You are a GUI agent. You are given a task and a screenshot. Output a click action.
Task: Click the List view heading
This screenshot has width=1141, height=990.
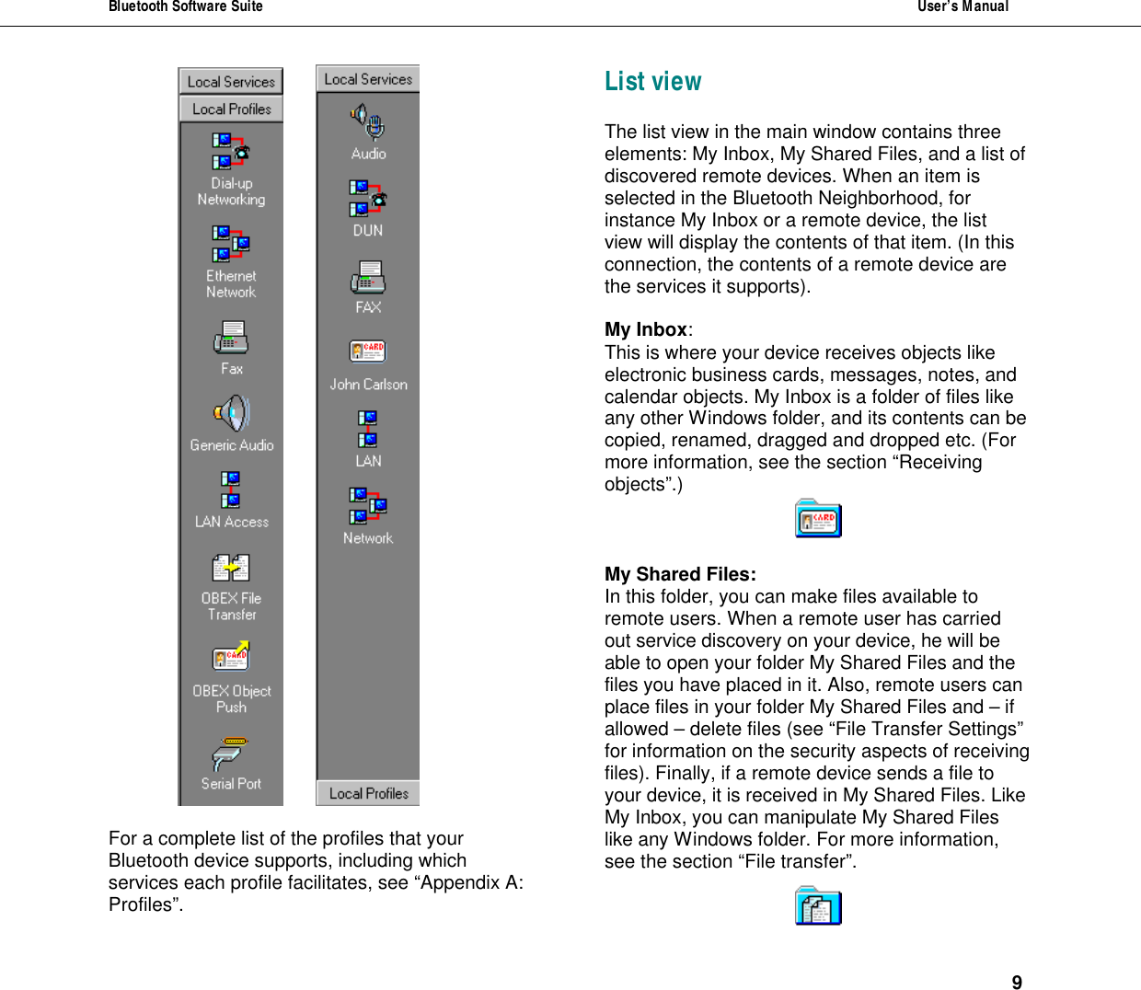[x=652, y=82]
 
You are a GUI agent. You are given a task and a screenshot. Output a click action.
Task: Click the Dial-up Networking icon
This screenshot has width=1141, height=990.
[x=231, y=152]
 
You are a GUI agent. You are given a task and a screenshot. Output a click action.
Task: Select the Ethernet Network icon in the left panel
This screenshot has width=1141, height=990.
[x=231, y=244]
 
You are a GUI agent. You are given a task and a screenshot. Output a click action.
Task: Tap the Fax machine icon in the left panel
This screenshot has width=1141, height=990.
[x=231, y=338]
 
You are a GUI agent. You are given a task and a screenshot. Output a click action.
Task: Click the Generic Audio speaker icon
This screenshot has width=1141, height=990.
[x=232, y=414]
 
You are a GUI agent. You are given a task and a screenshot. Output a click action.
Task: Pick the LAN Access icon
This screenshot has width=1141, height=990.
[x=231, y=489]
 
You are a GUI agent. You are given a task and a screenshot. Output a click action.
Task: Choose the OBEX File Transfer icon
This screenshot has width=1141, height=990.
[x=231, y=568]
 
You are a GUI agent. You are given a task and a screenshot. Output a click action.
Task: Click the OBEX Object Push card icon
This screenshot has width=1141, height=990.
[x=231, y=657]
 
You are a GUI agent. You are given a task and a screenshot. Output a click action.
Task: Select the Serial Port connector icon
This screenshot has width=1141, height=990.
[x=230, y=754]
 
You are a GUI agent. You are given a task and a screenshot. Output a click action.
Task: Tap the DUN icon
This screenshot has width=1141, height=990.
[x=368, y=198]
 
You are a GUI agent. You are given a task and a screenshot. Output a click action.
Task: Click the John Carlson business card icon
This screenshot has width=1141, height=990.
[x=368, y=351]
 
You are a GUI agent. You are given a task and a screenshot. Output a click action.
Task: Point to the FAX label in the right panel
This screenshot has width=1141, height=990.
[x=368, y=307]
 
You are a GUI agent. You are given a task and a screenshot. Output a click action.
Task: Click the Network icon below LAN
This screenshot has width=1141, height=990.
[x=368, y=506]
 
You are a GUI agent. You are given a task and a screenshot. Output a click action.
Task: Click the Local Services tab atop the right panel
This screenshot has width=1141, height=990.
[x=368, y=79]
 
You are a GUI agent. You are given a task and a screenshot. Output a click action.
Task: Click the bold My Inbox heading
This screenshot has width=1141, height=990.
[x=646, y=329]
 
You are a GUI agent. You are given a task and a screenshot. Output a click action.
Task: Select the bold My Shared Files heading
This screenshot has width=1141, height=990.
[x=680, y=574]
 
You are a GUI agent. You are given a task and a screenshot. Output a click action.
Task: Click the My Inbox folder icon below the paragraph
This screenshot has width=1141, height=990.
[x=818, y=519]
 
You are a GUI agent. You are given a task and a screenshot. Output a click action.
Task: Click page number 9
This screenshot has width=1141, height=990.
[x=1017, y=982]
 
